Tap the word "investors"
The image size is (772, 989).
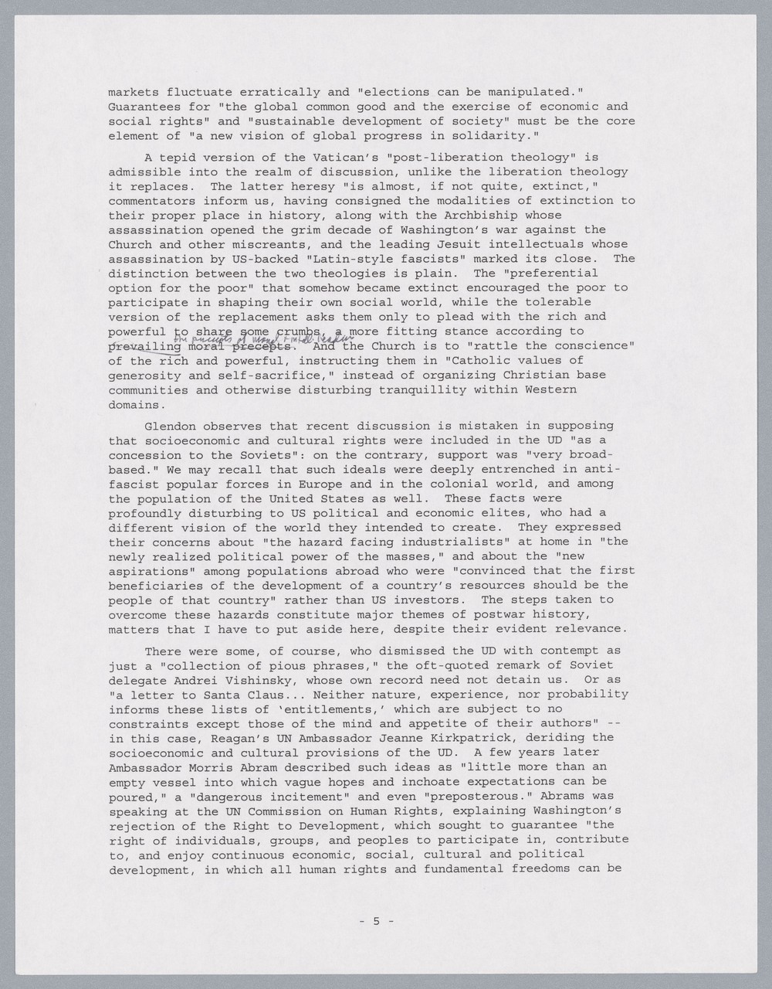pos(428,600)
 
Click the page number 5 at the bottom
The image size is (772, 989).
pos(377,921)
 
